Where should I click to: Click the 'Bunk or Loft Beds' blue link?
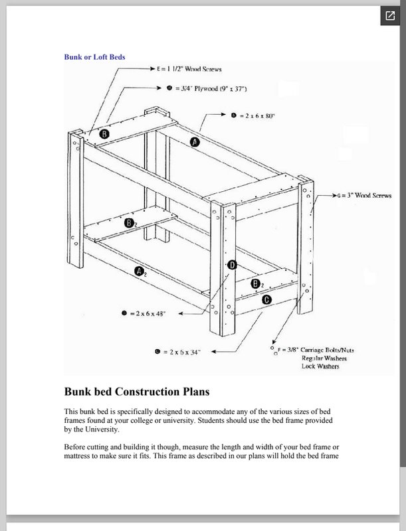[94, 56]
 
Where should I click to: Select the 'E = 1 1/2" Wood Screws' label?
[194, 69]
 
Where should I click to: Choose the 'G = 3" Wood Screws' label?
[362, 196]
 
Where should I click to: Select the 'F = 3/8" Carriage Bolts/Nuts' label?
[316, 348]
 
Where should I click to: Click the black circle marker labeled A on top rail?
[195, 142]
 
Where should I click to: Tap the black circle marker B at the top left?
[105, 133]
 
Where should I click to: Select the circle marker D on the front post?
[232, 265]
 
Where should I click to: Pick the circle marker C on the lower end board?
[266, 299]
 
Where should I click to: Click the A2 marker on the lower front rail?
[139, 271]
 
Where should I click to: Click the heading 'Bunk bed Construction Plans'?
[148, 390]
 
